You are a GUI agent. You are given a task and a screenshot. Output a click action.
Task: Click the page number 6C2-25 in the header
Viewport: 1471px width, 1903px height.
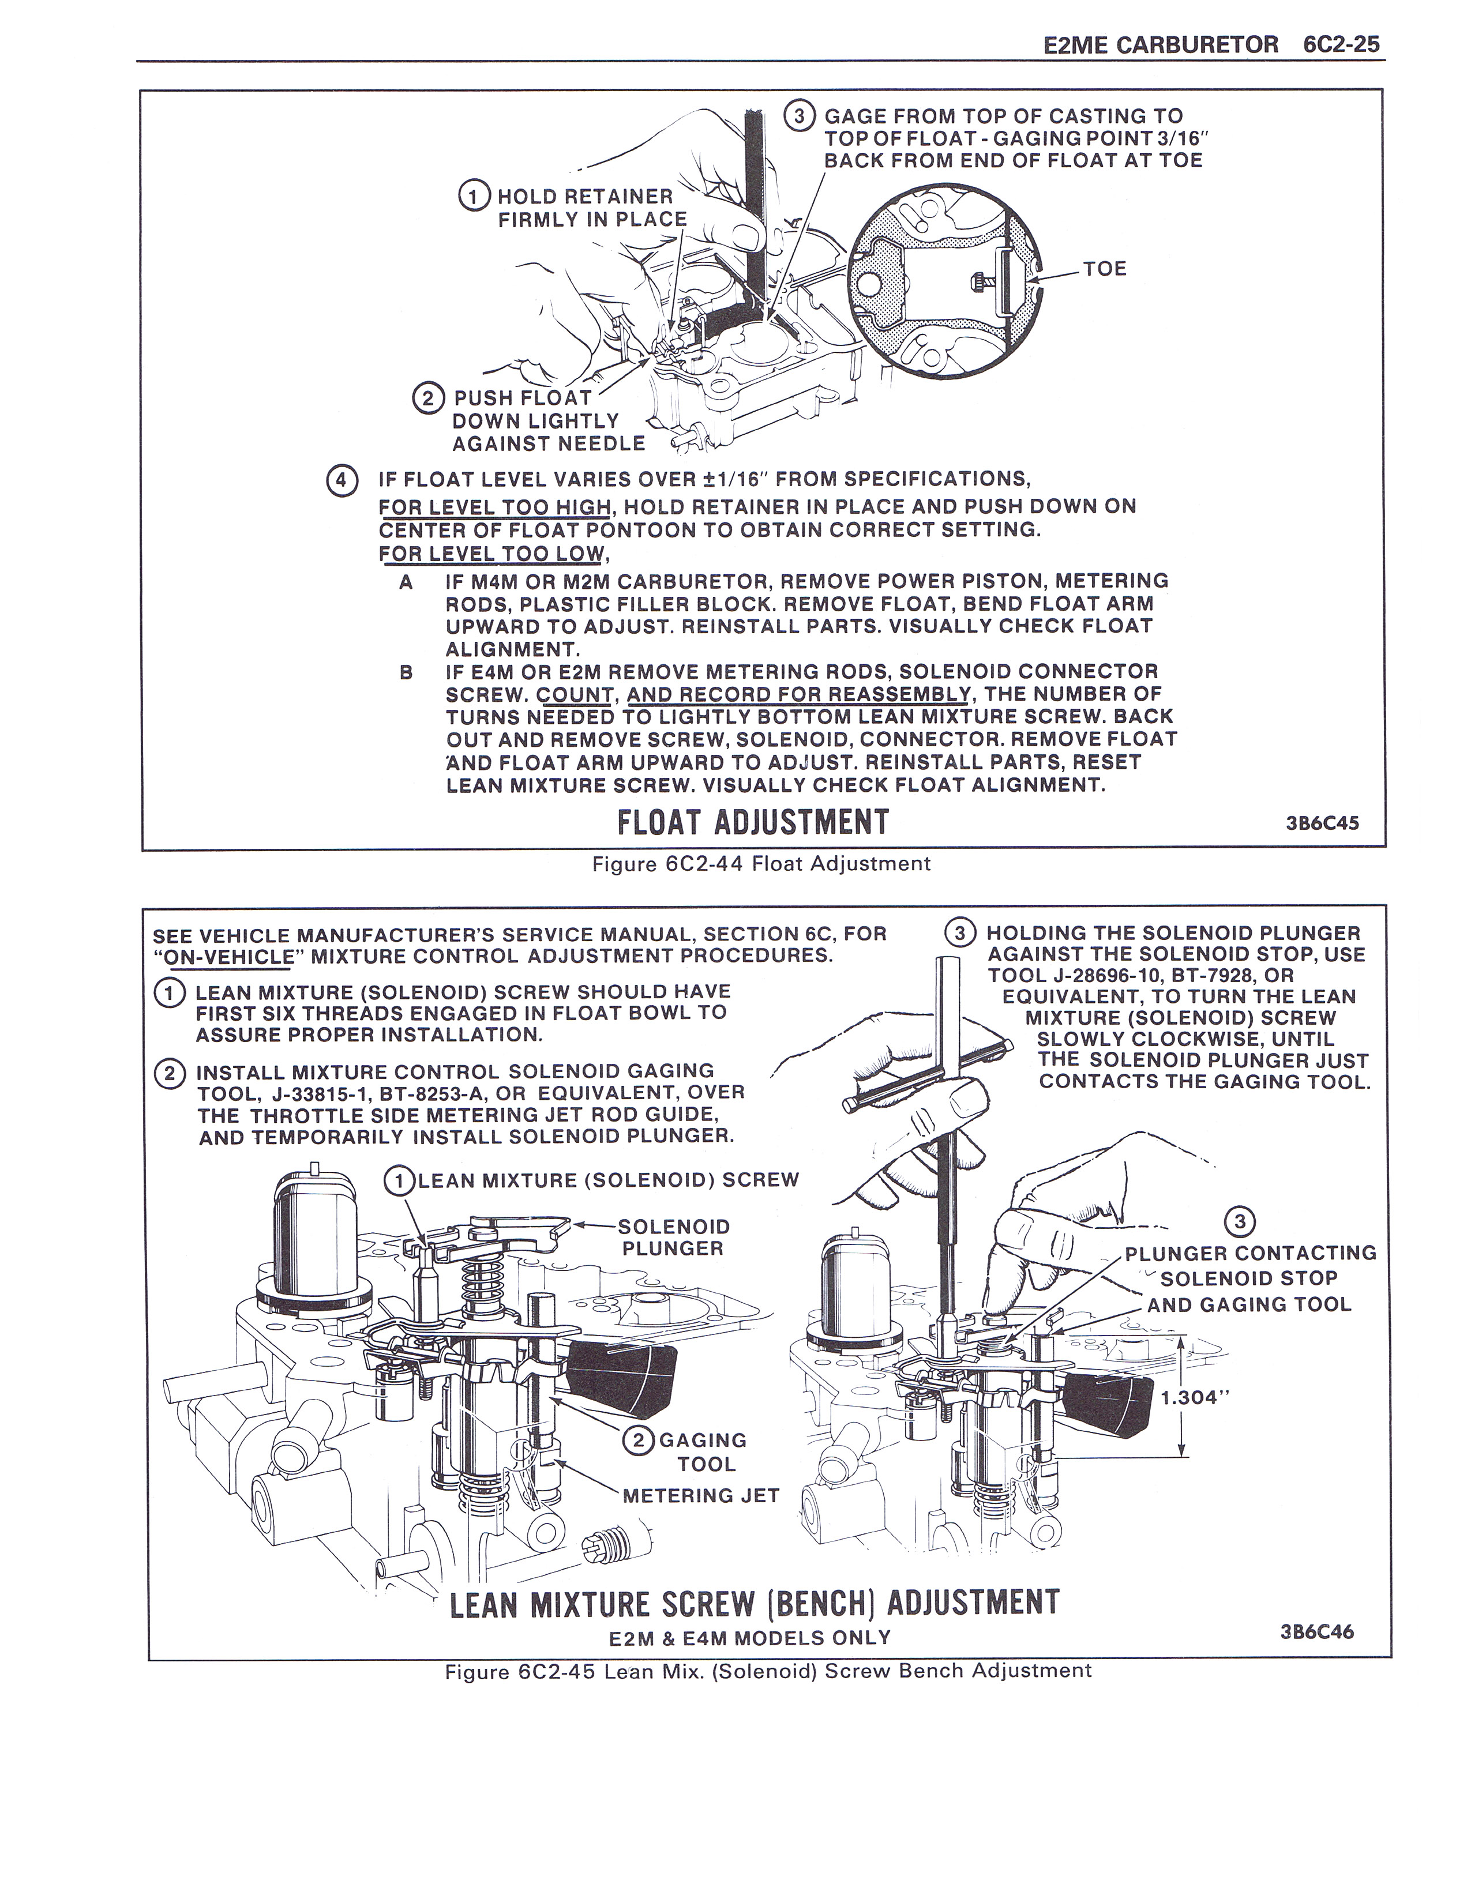tap(1342, 44)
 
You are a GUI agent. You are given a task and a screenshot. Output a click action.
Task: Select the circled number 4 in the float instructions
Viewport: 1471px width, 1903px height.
tap(341, 480)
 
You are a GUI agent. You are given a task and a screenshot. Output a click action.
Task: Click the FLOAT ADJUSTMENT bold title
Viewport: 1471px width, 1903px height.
tap(752, 822)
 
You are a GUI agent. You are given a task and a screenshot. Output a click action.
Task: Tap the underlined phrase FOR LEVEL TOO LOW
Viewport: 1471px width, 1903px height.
tap(491, 553)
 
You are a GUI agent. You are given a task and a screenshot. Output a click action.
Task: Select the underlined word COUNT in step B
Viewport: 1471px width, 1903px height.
tap(575, 694)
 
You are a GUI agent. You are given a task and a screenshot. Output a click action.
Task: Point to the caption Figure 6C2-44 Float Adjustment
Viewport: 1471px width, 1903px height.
tap(761, 863)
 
